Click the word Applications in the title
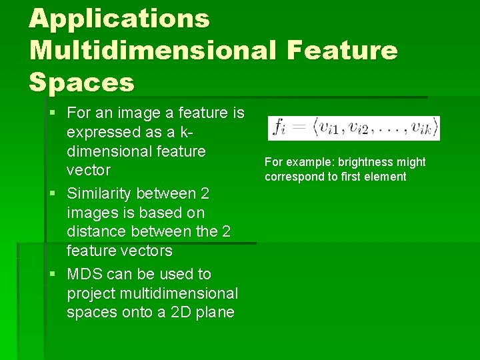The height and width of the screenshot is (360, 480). [119, 19]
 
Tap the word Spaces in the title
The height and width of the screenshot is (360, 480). [81, 82]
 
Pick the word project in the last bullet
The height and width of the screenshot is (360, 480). [90, 294]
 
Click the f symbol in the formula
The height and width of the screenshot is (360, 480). [279, 127]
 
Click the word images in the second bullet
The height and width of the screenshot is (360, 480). [89, 213]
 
